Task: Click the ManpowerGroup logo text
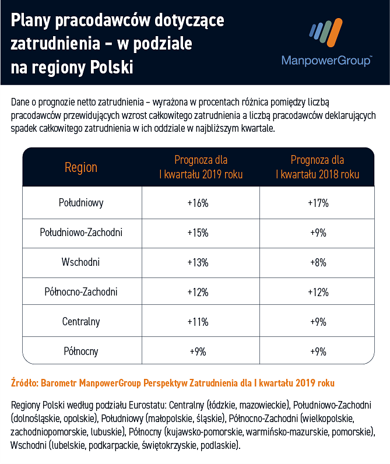pos(326,61)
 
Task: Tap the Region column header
pos(81,167)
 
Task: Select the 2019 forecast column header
pos(201,167)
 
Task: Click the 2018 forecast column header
pos(317,167)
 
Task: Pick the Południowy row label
pos(81,203)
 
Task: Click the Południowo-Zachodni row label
pos(81,233)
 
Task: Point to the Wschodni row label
pos(81,262)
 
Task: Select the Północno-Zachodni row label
pos(81,291)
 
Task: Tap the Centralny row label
pos(81,321)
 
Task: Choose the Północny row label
pos(81,351)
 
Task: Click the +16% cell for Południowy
pos(198,203)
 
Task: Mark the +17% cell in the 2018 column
pos(318,203)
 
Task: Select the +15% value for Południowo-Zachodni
pos(198,233)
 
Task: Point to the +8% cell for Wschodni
pos(318,262)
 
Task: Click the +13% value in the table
pos(198,262)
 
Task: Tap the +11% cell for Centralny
pos(198,321)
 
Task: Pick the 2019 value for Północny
pos(198,351)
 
